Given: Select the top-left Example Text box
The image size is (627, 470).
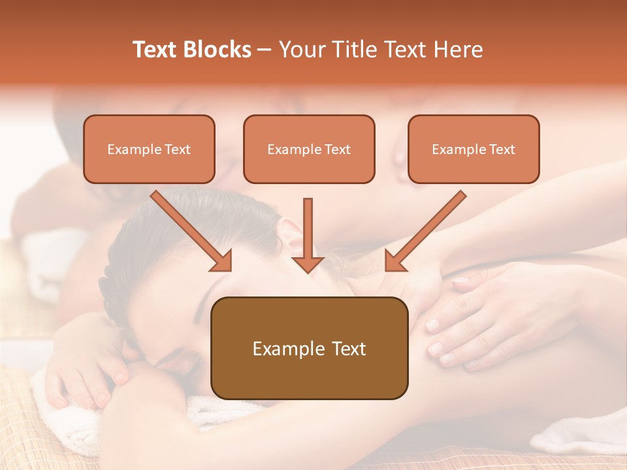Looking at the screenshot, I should click(149, 149).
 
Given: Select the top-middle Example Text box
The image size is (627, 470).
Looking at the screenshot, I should click(309, 149).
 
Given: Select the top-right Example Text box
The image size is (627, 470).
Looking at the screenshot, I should click(474, 149).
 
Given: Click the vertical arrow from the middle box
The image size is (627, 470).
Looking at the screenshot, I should click(308, 235).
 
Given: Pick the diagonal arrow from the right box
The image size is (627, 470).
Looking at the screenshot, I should click(425, 231).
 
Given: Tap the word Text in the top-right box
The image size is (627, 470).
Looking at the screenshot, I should click(502, 149).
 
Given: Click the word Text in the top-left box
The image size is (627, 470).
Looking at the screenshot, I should click(178, 149).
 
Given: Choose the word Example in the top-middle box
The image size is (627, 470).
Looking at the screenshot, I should click(294, 149).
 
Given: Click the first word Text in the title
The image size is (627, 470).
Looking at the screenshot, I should click(155, 50).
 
